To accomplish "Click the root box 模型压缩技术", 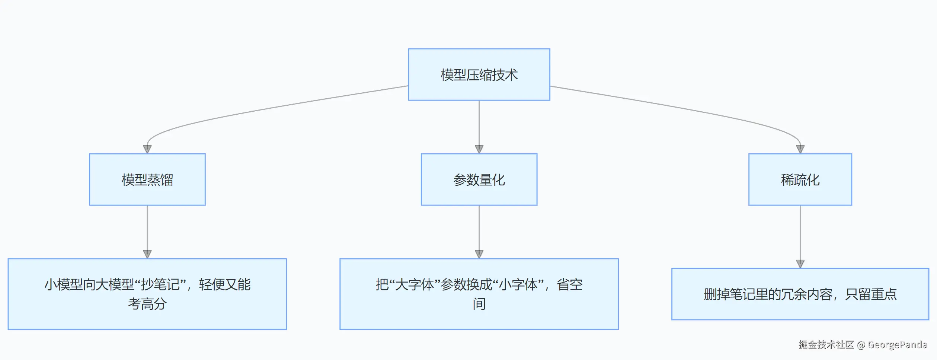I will click(479, 74).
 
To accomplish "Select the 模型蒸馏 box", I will click(147, 179).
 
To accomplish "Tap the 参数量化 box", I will click(479, 179).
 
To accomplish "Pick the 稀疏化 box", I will click(800, 179).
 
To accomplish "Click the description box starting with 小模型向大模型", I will click(147, 294).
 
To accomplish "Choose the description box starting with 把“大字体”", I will click(479, 294).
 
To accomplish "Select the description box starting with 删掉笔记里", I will click(800, 294).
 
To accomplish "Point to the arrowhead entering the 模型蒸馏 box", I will click(147, 149).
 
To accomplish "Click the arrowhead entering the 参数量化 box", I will click(479, 149).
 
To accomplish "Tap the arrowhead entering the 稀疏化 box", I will click(800, 149).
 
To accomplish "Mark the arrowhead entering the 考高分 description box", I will click(147, 254).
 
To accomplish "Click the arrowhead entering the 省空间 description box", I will click(479, 254).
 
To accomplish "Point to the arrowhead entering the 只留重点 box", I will click(800, 264).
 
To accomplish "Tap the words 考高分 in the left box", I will click(147, 304).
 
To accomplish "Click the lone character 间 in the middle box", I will click(479, 304).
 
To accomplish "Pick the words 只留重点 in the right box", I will click(871, 294).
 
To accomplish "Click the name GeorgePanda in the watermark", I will click(897, 345).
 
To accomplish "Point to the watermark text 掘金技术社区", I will click(826, 345).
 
